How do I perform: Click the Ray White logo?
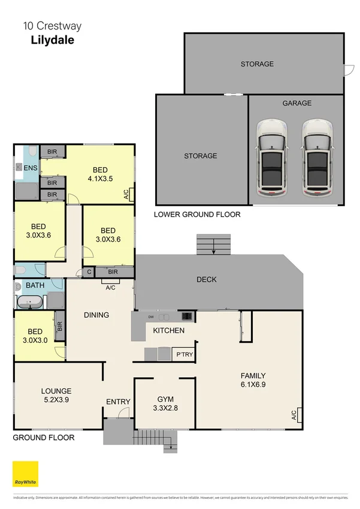coord(25,474)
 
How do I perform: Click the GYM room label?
coord(164,399)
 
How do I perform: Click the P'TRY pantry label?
coord(184,356)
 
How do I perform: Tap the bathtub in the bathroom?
coord(31,302)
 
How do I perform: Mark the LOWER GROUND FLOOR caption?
coord(197,214)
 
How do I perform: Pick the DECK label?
coord(206,279)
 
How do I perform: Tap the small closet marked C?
coord(89,272)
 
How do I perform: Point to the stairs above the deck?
coord(213,244)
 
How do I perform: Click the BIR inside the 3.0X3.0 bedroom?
coord(59,327)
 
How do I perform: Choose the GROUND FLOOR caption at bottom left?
coord(44,438)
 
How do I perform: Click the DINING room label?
coord(96,315)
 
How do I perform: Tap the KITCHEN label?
coord(168,330)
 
